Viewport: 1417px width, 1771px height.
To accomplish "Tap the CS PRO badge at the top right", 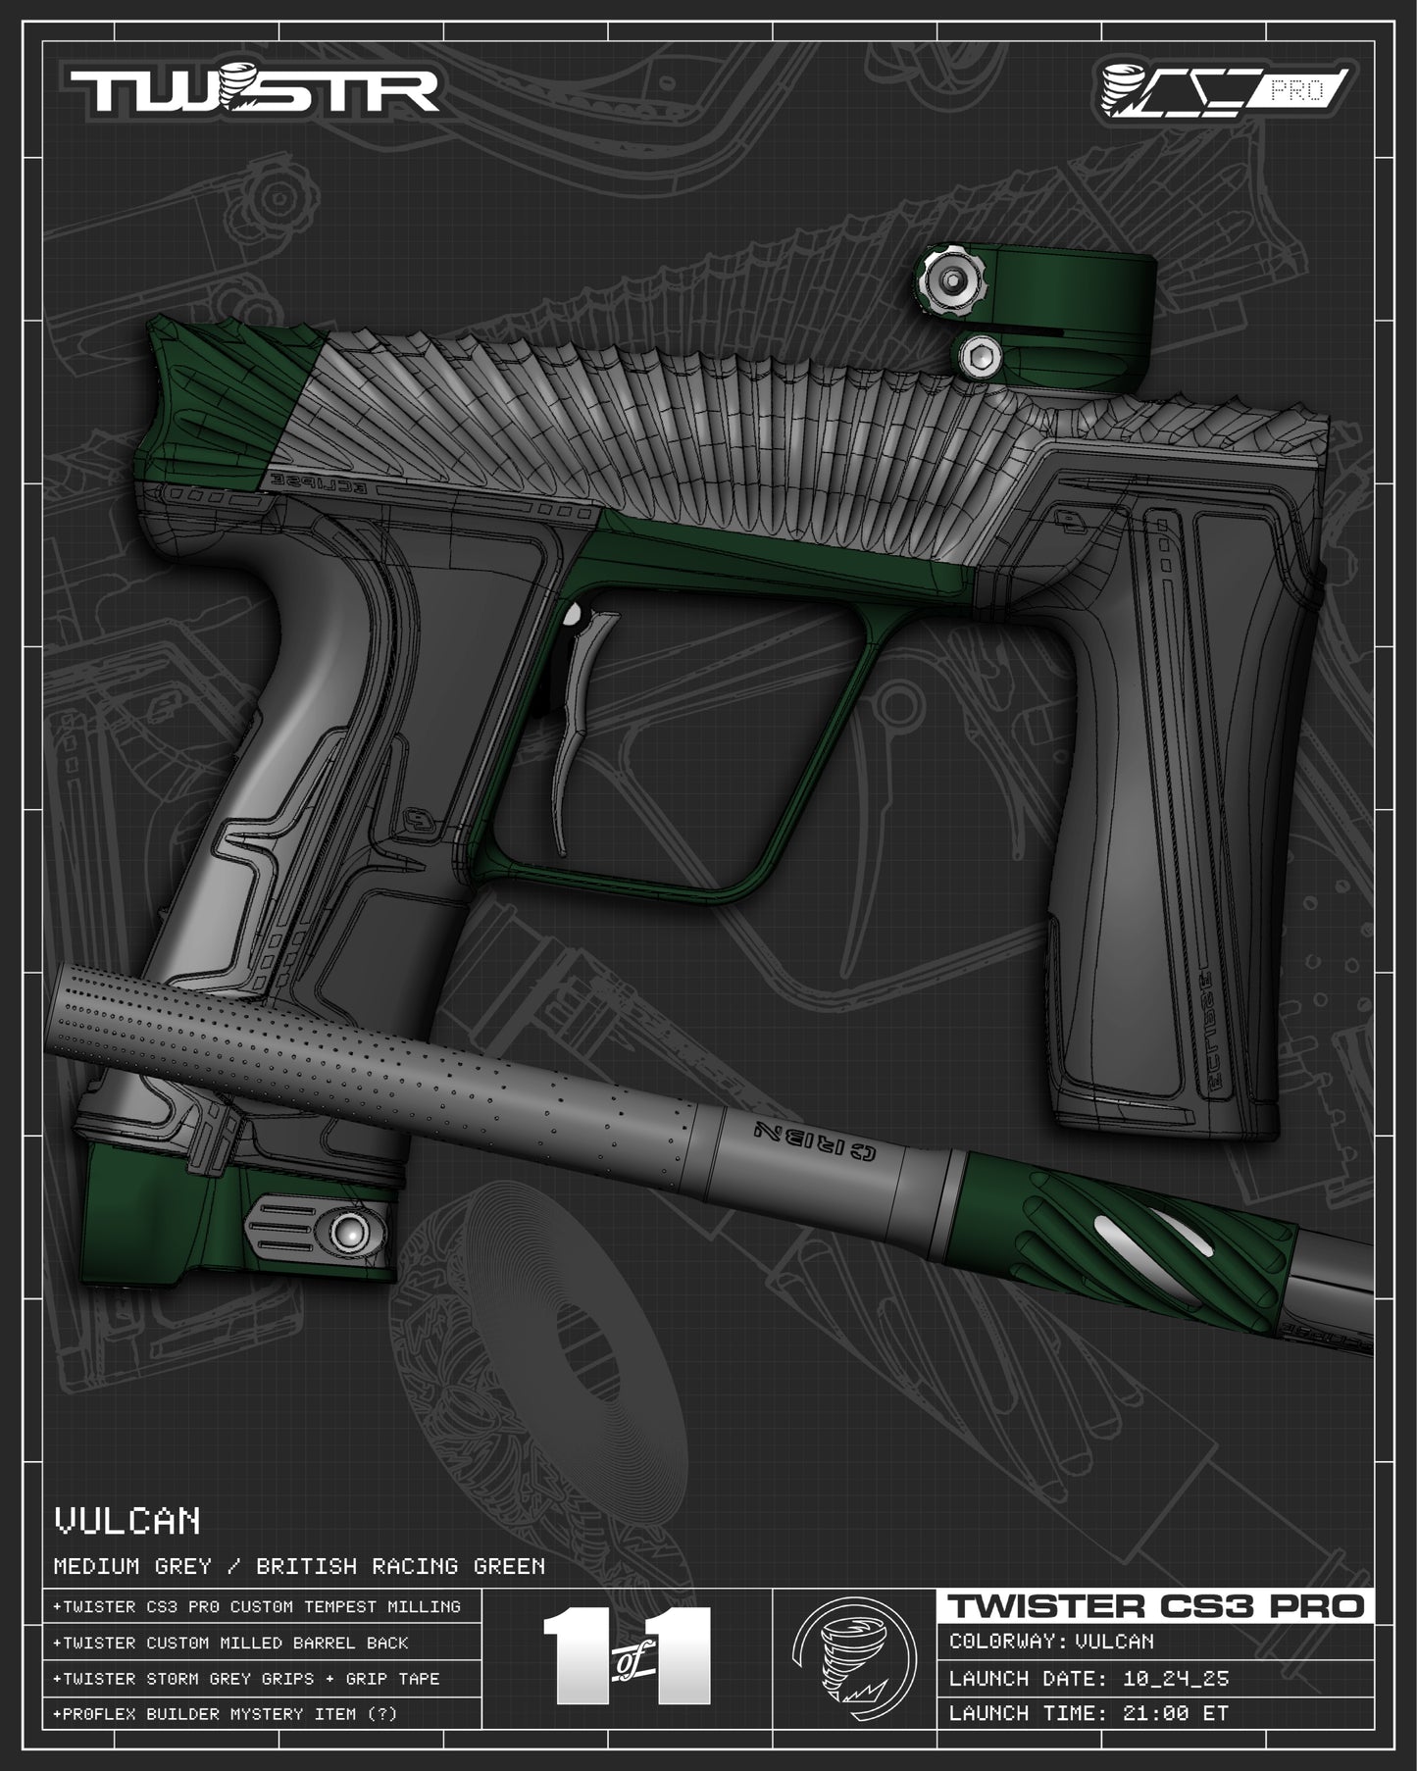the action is point(1227,89).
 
